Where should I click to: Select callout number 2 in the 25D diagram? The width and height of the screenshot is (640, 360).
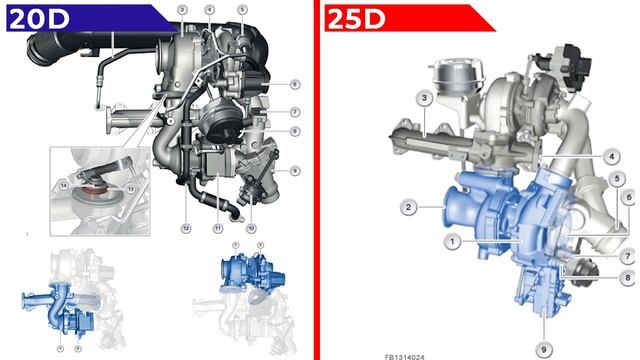click(408, 207)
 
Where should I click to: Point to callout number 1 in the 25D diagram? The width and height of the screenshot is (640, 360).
click(452, 241)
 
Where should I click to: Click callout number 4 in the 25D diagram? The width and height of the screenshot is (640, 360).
click(609, 157)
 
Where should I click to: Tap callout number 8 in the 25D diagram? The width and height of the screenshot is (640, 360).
click(628, 277)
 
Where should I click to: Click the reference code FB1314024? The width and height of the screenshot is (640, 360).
click(405, 354)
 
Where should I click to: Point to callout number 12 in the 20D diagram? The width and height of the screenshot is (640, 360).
click(185, 228)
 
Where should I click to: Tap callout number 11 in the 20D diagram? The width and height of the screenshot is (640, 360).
click(217, 228)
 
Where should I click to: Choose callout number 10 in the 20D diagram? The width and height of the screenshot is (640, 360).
click(250, 228)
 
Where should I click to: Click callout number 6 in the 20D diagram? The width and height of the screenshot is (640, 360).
click(296, 83)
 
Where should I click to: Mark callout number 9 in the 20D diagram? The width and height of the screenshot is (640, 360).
click(296, 171)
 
